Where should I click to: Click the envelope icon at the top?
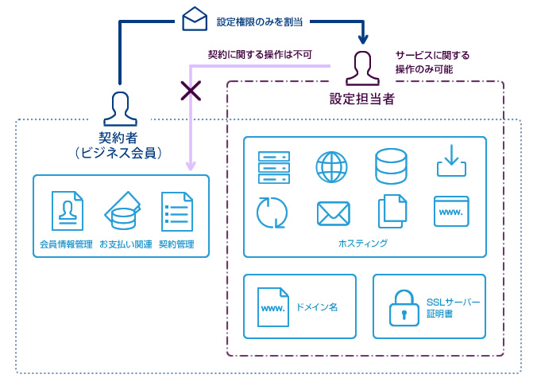point(195,19)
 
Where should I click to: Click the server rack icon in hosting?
point(274,167)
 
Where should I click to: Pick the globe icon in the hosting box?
point(332,167)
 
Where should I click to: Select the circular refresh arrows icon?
point(272,213)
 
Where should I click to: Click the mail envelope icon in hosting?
point(333,213)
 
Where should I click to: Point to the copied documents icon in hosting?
point(392,211)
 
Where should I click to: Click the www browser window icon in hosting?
point(451,213)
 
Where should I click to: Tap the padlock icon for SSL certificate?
point(404,308)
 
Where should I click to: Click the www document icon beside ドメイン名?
point(273,307)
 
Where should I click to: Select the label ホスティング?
point(363,243)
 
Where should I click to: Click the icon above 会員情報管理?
point(67,212)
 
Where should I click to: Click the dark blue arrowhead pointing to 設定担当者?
point(363,38)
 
